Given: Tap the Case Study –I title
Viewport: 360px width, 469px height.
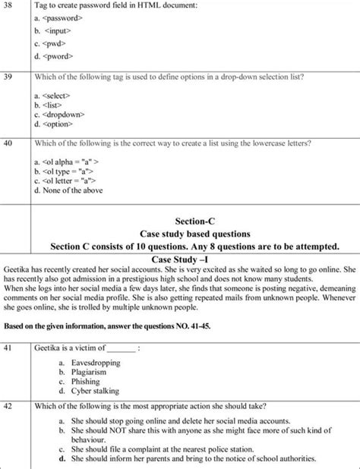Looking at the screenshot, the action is [181, 260].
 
